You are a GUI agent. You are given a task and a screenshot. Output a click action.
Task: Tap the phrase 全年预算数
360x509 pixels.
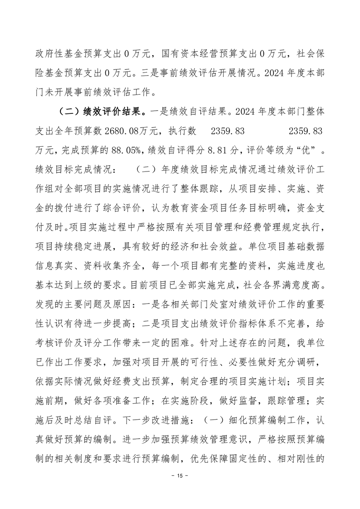coord(81,132)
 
